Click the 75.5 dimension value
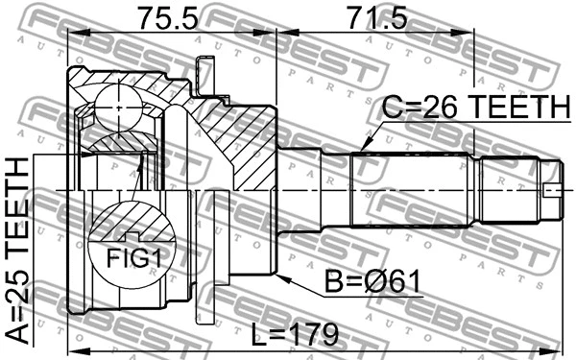pyautogui.click(x=171, y=17)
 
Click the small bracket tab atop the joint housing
pyautogui.click(x=201, y=72)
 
